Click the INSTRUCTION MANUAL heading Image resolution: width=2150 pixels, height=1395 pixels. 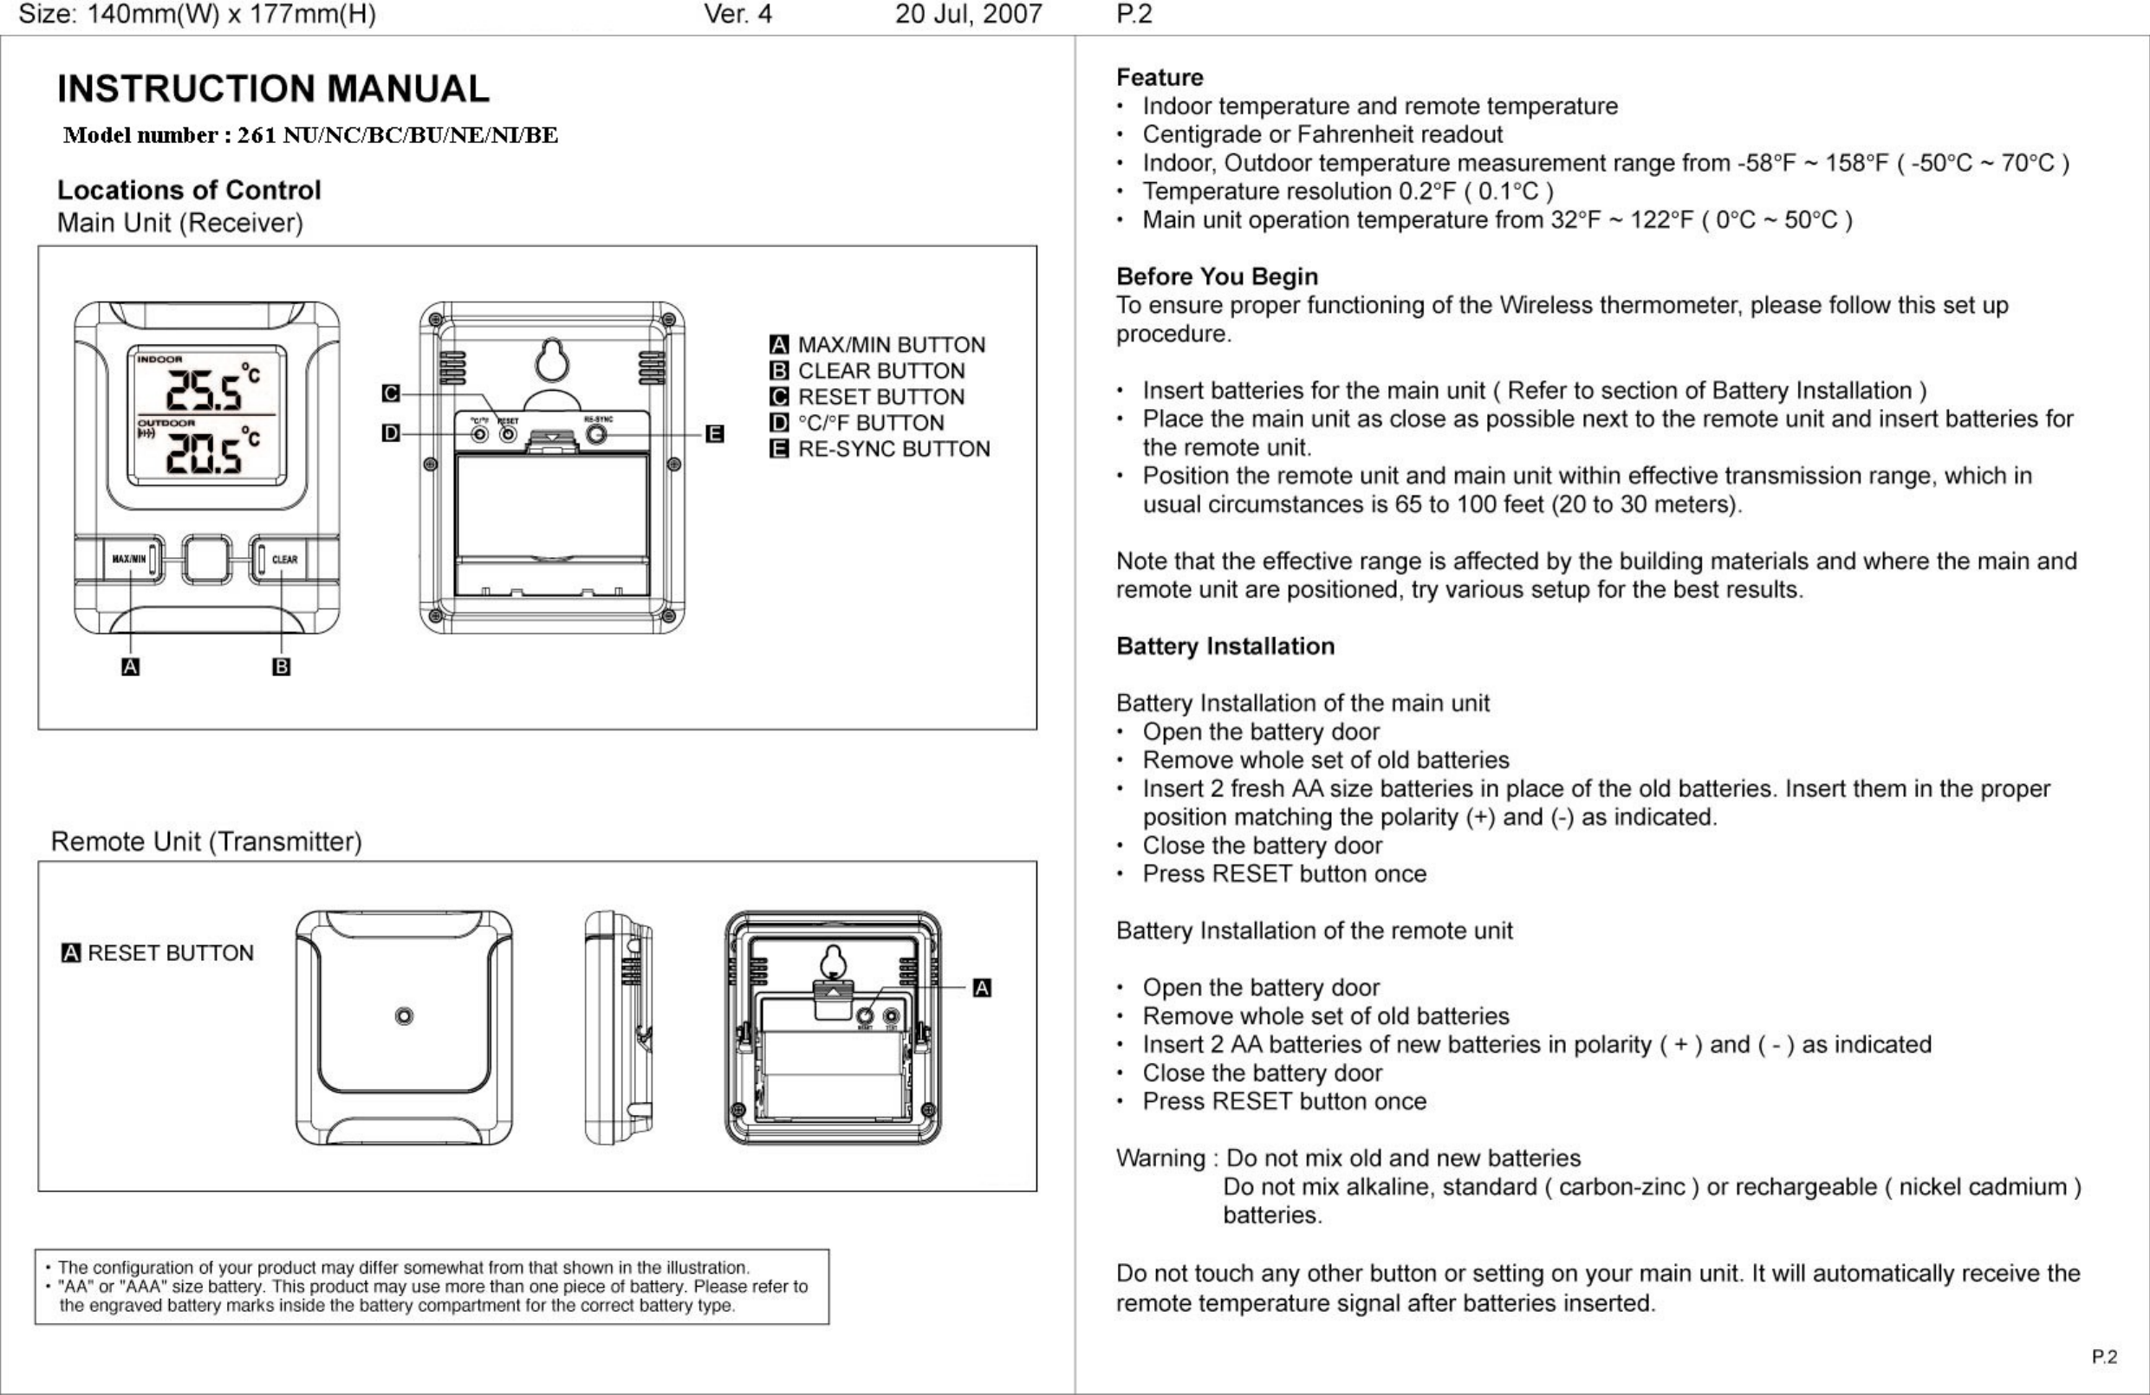coord(273,88)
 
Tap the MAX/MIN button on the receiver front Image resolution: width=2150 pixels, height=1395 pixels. coord(128,559)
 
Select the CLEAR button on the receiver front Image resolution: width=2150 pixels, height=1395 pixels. coord(283,559)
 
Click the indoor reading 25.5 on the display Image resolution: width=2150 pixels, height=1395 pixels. coord(204,392)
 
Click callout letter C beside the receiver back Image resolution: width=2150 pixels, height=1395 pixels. coord(390,393)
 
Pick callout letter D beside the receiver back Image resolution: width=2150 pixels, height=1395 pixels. coord(390,434)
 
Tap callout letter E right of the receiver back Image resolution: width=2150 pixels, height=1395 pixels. coord(714,434)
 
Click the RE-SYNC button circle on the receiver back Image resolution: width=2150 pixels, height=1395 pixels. coord(596,435)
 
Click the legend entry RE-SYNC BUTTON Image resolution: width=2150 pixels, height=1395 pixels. coord(893,449)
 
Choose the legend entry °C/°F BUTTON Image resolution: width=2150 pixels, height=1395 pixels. coord(870,423)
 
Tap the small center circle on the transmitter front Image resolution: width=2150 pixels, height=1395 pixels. coord(405,1016)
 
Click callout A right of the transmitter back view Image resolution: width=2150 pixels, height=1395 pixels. coord(982,988)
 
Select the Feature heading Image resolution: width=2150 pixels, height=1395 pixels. coord(1159,77)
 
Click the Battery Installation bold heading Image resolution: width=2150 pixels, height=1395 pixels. coord(1225,646)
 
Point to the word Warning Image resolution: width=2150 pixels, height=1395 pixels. coord(1159,1158)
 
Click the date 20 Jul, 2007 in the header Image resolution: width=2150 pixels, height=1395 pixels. coord(968,14)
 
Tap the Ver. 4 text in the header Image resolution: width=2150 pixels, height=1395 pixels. coord(737,14)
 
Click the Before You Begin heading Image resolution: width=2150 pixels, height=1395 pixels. coord(1217,276)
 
